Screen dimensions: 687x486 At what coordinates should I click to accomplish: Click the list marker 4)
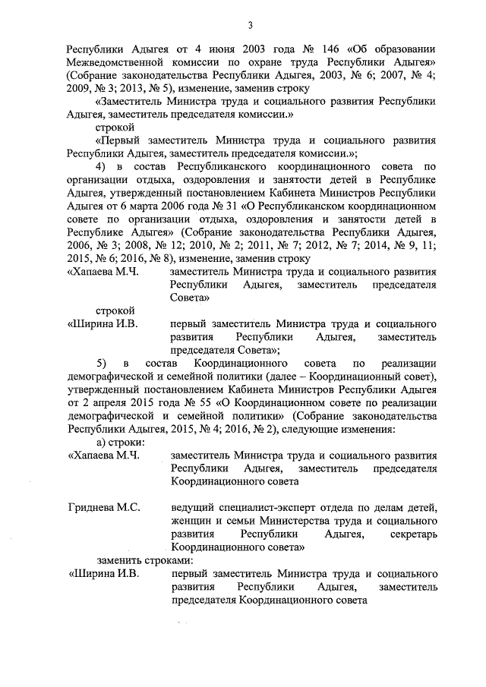101,166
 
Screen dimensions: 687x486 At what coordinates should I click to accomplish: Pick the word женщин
193,520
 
